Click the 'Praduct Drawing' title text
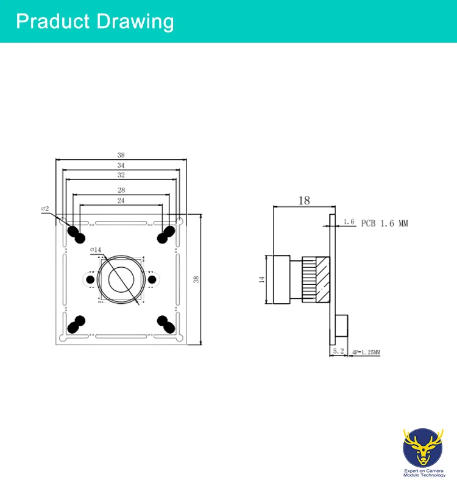94,21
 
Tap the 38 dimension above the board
121,155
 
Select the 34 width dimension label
121,165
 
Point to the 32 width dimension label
121,175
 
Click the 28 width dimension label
121,190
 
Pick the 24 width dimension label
121,201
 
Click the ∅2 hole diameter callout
45,209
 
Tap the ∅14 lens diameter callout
96,249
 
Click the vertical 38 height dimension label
196,279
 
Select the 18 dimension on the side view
304,200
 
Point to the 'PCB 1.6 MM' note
384,224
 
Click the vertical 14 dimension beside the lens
262,279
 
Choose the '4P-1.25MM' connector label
366,353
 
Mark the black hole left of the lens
90,279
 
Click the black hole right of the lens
151,279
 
